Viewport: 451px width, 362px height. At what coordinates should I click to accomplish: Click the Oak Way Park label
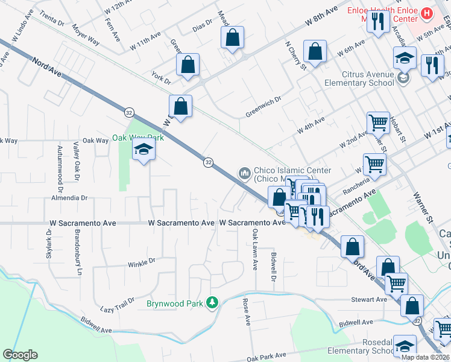137,138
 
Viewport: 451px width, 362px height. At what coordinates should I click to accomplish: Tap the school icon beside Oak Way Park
144,150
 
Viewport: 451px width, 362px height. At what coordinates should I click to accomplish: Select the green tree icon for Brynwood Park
212,302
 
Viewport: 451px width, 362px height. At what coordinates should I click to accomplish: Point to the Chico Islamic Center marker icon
245,174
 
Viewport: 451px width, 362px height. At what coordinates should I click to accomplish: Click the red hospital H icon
427,13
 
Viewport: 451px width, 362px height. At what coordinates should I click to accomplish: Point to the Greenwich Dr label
263,109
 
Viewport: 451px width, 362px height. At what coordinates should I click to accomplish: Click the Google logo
20,355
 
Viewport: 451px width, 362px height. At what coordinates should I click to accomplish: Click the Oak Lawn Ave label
255,249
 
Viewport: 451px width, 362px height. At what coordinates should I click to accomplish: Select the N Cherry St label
296,55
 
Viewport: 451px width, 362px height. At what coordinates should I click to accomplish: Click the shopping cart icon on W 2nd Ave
378,122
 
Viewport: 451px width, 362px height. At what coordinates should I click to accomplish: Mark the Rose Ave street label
246,311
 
